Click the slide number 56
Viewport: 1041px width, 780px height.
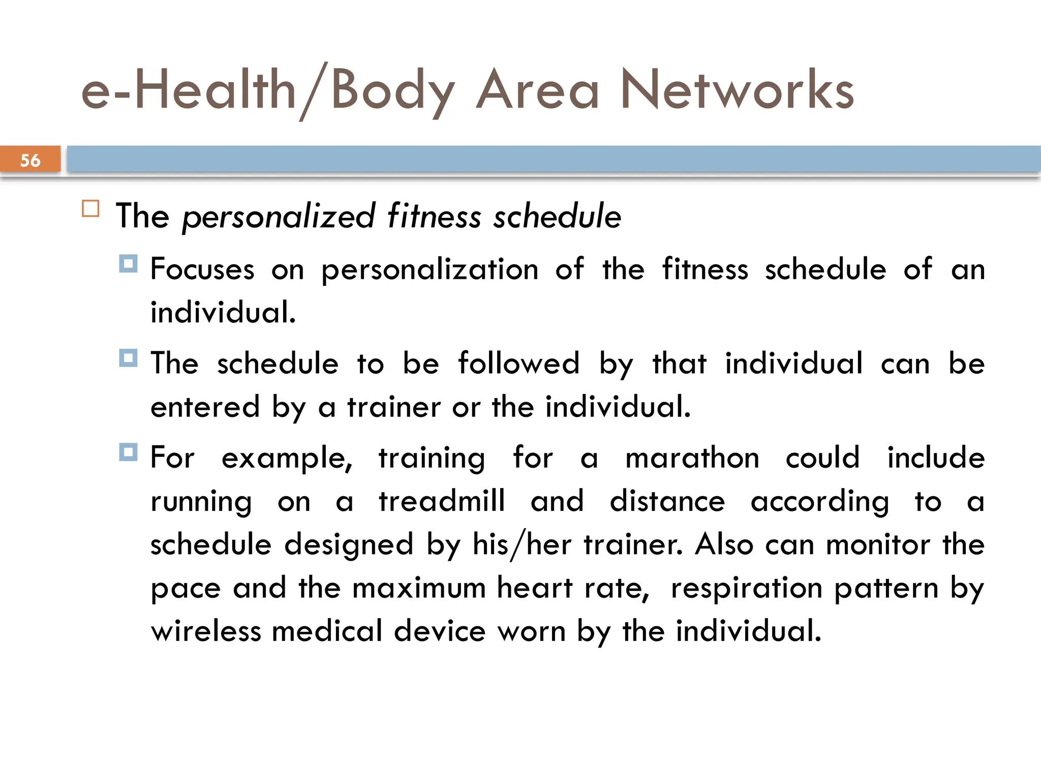coord(30,160)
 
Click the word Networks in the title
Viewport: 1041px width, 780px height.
coord(737,90)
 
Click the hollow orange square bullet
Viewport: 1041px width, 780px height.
coord(90,209)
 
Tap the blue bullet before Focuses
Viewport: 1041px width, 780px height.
coord(128,264)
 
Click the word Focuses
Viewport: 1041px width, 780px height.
coord(202,269)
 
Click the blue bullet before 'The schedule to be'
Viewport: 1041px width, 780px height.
coord(128,358)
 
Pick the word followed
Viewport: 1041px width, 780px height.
coord(518,364)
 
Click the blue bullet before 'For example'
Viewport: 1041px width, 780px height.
coord(128,452)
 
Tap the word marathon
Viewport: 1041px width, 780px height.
coord(692,458)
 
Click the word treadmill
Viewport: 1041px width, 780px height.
coord(442,501)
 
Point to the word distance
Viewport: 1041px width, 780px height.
coord(667,501)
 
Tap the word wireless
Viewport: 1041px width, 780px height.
coord(206,631)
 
